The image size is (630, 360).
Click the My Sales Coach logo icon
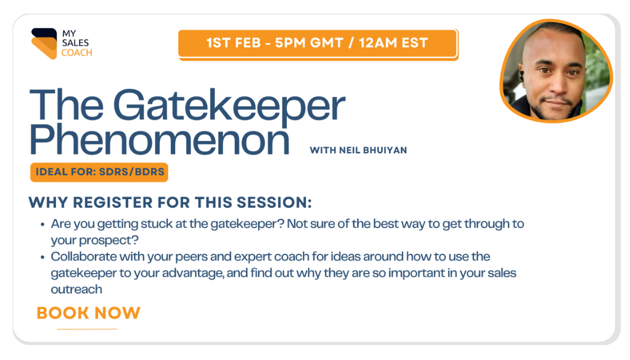click(44, 43)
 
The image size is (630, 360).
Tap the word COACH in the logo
click(77, 53)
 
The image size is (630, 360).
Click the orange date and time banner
click(318, 43)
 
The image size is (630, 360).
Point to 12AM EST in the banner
click(394, 43)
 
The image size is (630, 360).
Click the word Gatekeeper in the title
click(229, 105)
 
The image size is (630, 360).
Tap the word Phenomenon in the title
click(160, 139)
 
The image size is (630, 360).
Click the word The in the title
click(67, 104)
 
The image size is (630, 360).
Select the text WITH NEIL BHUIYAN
click(358, 150)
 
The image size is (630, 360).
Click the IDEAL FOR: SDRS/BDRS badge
click(99, 172)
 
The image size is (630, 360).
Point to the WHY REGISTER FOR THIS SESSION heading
click(170, 203)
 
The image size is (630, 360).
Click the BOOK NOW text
click(88, 313)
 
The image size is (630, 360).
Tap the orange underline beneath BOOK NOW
click(87, 329)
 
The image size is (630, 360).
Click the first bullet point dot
click(43, 224)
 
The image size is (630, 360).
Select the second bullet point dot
click(43, 257)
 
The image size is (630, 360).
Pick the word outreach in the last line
click(76, 289)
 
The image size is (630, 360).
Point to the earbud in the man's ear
click(521, 76)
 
